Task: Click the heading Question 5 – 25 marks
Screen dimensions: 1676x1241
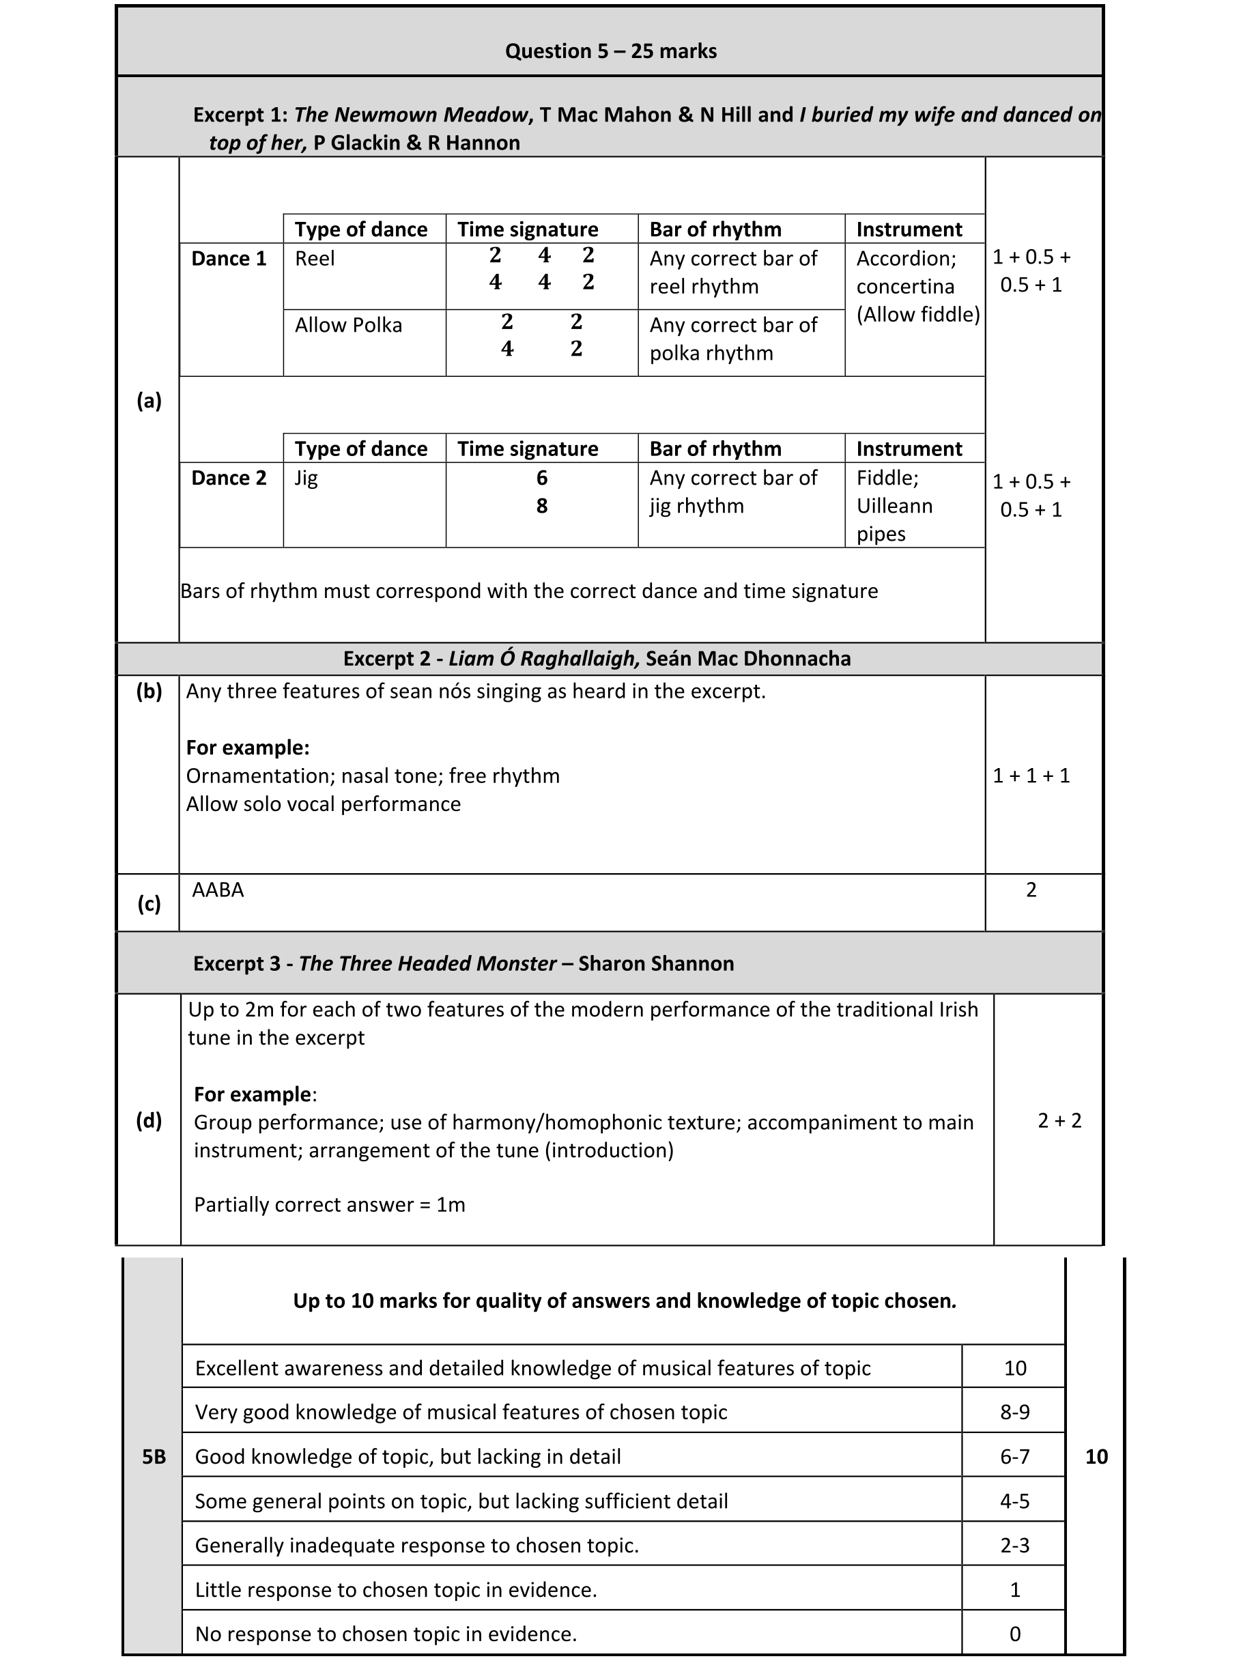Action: tap(610, 51)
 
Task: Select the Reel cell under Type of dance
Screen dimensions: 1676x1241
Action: tap(315, 259)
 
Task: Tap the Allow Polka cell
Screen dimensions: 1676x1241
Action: tap(348, 325)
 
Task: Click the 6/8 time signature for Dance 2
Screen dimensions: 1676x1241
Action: tap(541, 492)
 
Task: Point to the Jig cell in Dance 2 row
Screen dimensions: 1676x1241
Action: tap(306, 479)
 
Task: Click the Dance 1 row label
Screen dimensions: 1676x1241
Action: tap(229, 259)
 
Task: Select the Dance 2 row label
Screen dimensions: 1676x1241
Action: tap(229, 478)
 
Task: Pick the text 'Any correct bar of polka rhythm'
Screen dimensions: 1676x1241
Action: tap(732, 339)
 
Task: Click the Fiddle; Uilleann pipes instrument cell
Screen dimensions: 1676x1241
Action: tap(894, 506)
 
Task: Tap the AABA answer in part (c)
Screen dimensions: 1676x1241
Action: tap(218, 890)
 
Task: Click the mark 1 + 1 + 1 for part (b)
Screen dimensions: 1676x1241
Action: tap(1031, 776)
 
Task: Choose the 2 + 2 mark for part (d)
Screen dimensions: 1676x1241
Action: tap(1059, 1120)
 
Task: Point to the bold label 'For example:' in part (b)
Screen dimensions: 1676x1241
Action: tap(247, 748)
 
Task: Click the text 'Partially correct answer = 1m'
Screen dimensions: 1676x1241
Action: tap(329, 1204)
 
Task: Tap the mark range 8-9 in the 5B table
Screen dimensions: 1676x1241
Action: tap(1014, 1412)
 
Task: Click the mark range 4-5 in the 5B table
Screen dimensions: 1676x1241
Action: tap(1014, 1501)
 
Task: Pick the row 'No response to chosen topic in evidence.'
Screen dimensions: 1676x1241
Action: tap(386, 1634)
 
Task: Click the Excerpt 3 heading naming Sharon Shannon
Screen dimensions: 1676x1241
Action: tap(463, 963)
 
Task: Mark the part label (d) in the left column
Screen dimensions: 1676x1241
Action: tap(149, 1120)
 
